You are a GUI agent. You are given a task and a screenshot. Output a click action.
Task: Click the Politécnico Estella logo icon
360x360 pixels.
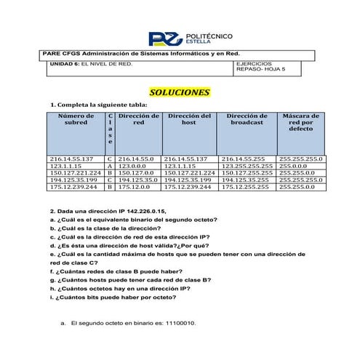[161, 38]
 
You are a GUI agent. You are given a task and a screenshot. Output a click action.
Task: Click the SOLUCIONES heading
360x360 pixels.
[180, 92]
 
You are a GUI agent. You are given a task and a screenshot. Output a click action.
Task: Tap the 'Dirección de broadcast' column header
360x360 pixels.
[247, 120]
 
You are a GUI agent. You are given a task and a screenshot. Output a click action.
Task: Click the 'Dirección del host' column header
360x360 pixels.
[188, 120]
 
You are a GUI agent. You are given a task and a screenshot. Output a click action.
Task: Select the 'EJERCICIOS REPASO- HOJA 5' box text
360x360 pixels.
[261, 68]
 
